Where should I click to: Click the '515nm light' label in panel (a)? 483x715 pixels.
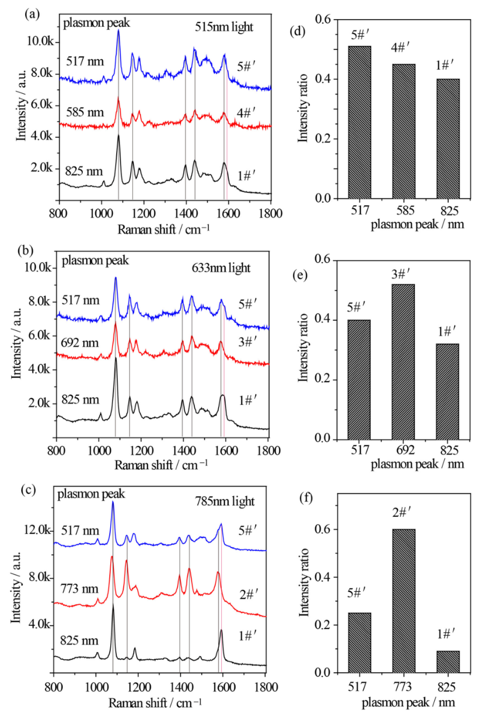click(224, 27)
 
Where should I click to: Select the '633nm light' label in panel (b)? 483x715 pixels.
click(221, 268)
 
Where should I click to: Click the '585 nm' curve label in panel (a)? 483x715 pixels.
click(85, 112)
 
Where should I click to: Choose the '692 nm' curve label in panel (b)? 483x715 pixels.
click(80, 342)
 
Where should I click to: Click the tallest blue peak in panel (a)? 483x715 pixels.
click(118, 31)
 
